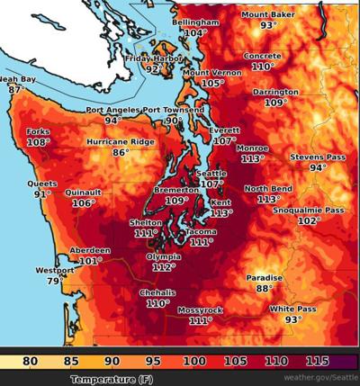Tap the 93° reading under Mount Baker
(268, 26)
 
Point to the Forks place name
(39, 131)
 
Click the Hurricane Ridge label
(120, 142)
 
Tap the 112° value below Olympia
(163, 267)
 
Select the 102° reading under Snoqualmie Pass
(309, 220)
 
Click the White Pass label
(292, 309)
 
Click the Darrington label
(275, 92)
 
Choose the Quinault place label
(84, 192)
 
